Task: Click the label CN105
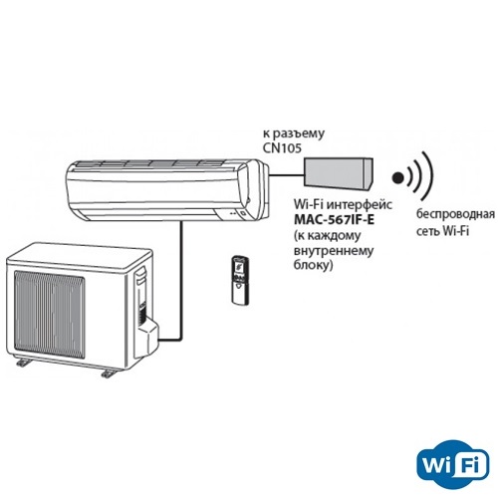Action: coord(282,148)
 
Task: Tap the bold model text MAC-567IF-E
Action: coord(335,220)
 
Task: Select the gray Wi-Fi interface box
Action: coord(339,174)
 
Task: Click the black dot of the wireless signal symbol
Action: coord(397,178)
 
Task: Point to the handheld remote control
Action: coord(241,279)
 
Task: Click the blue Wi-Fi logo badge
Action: coord(453,465)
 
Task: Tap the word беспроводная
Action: coord(455,214)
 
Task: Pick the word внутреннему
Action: coord(334,251)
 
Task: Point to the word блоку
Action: coord(312,266)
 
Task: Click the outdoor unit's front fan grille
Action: coord(50,314)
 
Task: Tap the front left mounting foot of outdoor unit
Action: coord(23,363)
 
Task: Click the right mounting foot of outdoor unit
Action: coord(109,373)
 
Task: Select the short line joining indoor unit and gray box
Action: coord(287,174)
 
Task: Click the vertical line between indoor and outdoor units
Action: coord(181,281)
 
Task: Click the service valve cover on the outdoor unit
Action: coord(147,337)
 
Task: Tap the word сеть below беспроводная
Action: coord(429,231)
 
